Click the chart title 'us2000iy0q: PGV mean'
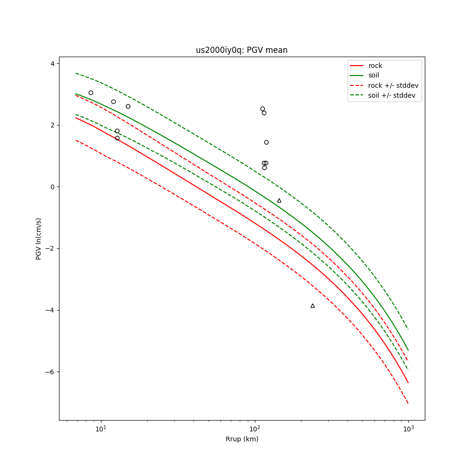pos(242,50)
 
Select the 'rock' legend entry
pos(375,66)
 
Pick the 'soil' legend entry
pos(373,75)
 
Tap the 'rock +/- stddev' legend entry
pos(393,85)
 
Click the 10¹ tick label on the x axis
pos(100,429)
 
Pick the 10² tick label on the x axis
pos(254,429)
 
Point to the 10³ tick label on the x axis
pos(408,429)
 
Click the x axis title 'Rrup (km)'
pos(242,439)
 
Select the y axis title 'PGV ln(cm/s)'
pos(39,238)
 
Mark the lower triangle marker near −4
pos(312,306)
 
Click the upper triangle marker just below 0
pos(279,201)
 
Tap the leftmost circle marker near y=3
pos(91,93)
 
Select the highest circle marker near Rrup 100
pos(262,109)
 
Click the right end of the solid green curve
pos(408,350)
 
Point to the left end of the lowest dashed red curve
pos(76,140)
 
